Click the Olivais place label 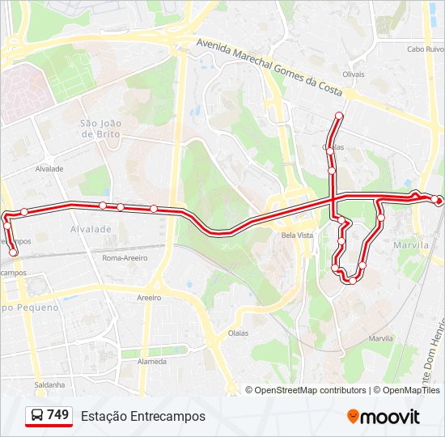coord(354,74)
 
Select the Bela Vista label coord(297,235)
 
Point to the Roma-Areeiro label coord(125,258)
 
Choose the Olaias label coord(238,333)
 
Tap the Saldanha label coord(49,384)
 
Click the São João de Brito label coord(100,128)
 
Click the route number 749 coord(57,415)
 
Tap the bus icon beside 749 coord(37,416)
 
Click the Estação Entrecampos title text coord(143,416)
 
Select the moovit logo coord(384,417)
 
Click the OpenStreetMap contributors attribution coord(311,390)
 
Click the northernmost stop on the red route coord(338,117)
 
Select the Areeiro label coord(149,298)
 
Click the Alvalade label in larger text coord(91,230)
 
